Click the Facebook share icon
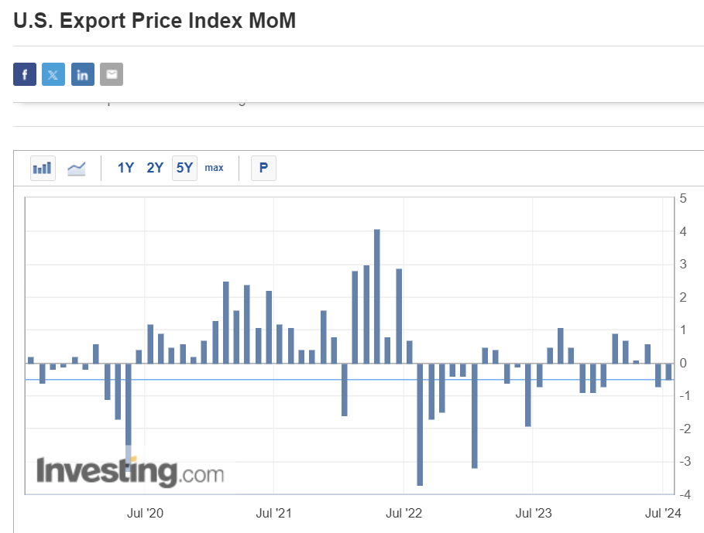tap(25, 74)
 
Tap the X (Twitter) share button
tap(53, 74)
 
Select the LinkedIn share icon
tap(83, 74)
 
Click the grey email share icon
tap(112, 74)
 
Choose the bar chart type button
tap(43, 168)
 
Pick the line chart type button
tap(77, 168)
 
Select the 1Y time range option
tap(126, 168)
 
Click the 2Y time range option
tap(155, 168)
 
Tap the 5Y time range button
tap(184, 168)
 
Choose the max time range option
tap(214, 168)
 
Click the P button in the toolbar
tap(263, 168)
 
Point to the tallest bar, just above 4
tap(377, 294)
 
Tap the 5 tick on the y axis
tap(683, 198)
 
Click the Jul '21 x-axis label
tap(274, 513)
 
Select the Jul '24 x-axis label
tap(663, 513)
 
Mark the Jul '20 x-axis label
tap(144, 513)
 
